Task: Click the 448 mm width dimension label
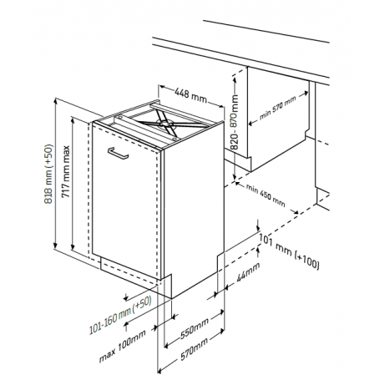coord(191,95)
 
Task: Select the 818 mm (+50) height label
coord(48,174)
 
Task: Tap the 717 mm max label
coord(66,171)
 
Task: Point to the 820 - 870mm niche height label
coord(235,122)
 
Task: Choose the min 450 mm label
coord(266,195)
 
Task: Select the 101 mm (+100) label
coord(290,251)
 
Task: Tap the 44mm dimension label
coord(248,271)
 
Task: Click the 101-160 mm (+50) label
coord(120,315)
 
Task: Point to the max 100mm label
coord(123,346)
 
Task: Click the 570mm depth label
coord(195,349)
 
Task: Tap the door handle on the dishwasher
coord(118,153)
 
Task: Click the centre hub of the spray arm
coord(163,123)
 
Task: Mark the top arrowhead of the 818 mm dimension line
coord(56,101)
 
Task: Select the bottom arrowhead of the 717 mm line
coord(73,247)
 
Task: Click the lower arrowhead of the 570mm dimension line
coord(160,371)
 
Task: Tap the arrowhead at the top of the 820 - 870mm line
coord(235,79)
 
